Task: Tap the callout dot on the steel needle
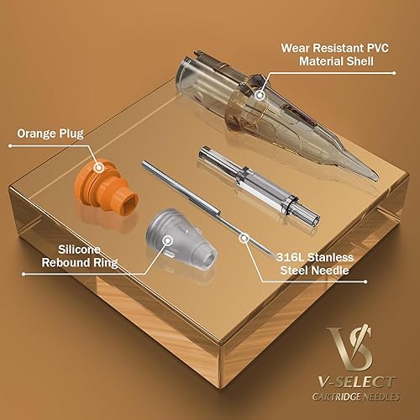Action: pyautogui.click(x=244, y=238)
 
